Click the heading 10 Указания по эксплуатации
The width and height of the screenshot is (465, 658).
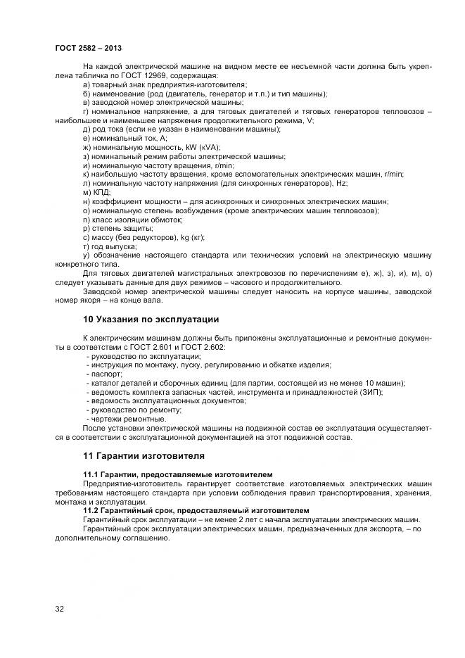coord(151,319)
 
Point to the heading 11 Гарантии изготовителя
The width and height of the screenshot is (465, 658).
coord(144,456)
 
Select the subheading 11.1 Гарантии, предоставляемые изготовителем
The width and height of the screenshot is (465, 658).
coord(178,475)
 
